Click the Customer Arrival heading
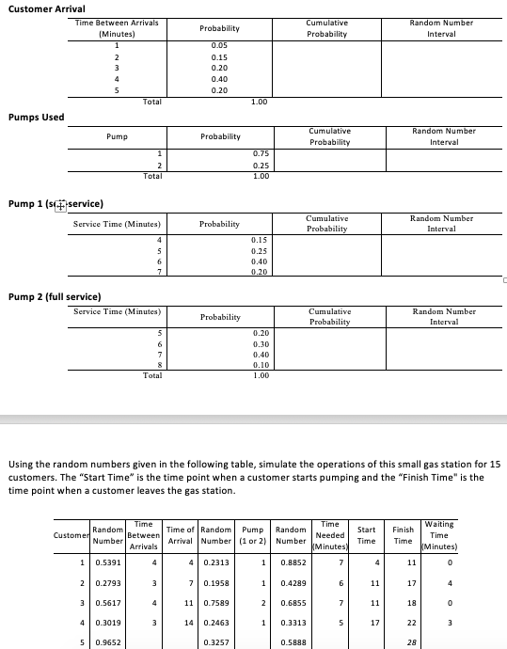coord(45,8)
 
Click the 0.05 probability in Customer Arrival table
coord(220,44)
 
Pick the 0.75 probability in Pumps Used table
coord(261,152)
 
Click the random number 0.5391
coord(108,563)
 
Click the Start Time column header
coord(366,534)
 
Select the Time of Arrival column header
coord(179,534)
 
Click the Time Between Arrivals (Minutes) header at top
coord(117,27)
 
